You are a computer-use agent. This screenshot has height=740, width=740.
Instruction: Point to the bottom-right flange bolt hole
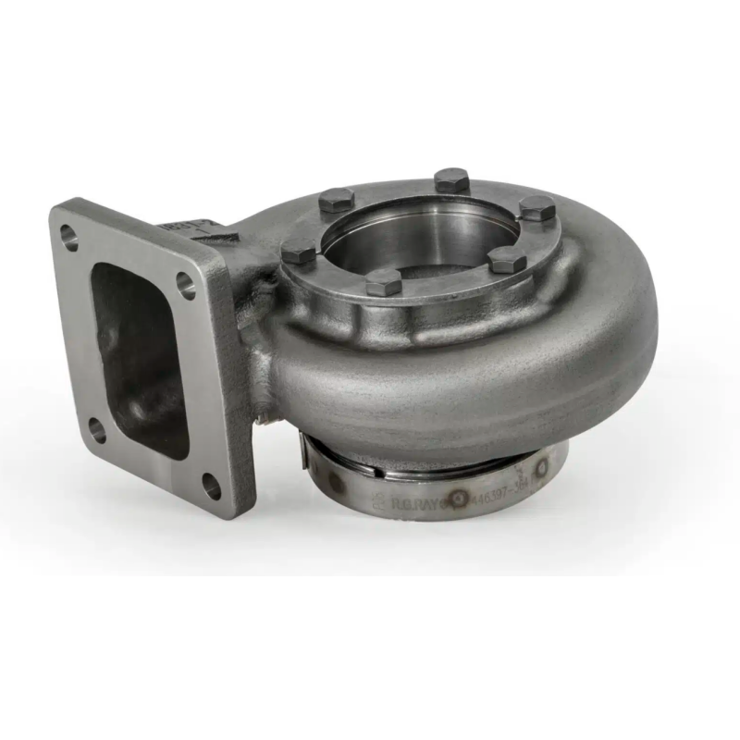pos(211,482)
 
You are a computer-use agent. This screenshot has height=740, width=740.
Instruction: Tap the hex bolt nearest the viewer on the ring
pos(384,281)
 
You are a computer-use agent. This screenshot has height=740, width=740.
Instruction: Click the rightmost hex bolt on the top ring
pos(536,208)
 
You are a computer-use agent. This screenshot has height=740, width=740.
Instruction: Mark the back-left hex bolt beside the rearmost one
pos(337,200)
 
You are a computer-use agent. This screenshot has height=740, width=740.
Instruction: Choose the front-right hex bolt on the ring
pos(507,260)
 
